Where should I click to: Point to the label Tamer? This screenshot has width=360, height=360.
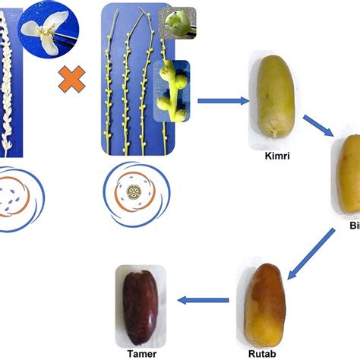(x=139, y=352)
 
